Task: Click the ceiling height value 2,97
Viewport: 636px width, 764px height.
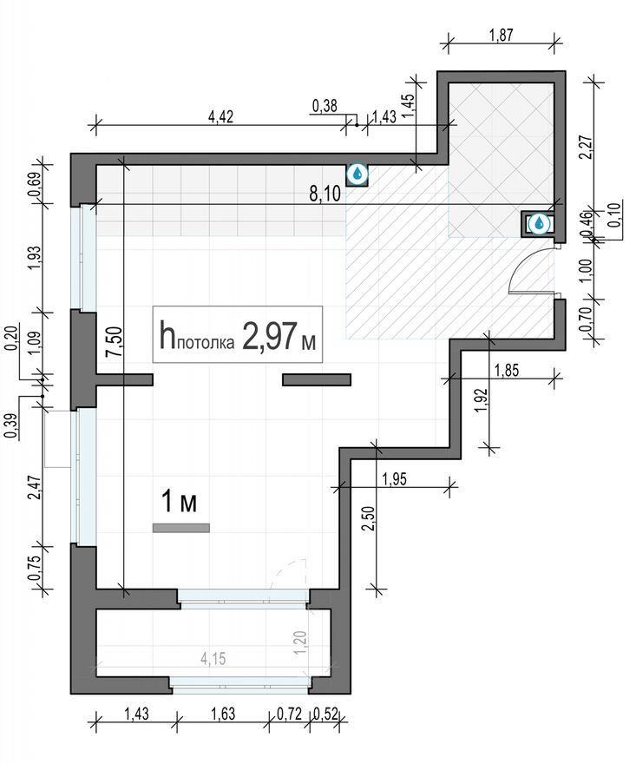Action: pyautogui.click(x=269, y=336)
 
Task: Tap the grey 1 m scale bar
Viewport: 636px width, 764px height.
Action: pyautogui.click(x=181, y=528)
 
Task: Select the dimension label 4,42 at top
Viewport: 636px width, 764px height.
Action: pyautogui.click(x=220, y=116)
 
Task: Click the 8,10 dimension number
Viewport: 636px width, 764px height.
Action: pyautogui.click(x=325, y=194)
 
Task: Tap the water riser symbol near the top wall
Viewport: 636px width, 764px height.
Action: pyautogui.click(x=357, y=174)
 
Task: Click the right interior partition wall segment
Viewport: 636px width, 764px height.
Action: pyautogui.click(x=317, y=379)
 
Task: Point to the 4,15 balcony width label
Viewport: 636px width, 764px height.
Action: pyautogui.click(x=213, y=659)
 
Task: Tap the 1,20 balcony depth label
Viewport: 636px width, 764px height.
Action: pyautogui.click(x=301, y=642)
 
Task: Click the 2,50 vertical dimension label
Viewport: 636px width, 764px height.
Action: pyautogui.click(x=369, y=518)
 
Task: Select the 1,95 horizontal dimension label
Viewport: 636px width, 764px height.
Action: pyautogui.click(x=395, y=479)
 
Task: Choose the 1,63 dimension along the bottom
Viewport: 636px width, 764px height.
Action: pyautogui.click(x=223, y=714)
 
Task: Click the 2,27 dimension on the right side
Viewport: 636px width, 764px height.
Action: pyautogui.click(x=587, y=147)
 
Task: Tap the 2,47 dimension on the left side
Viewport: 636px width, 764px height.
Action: pyautogui.click(x=36, y=488)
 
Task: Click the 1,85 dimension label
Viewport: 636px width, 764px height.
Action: pyautogui.click(x=507, y=371)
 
